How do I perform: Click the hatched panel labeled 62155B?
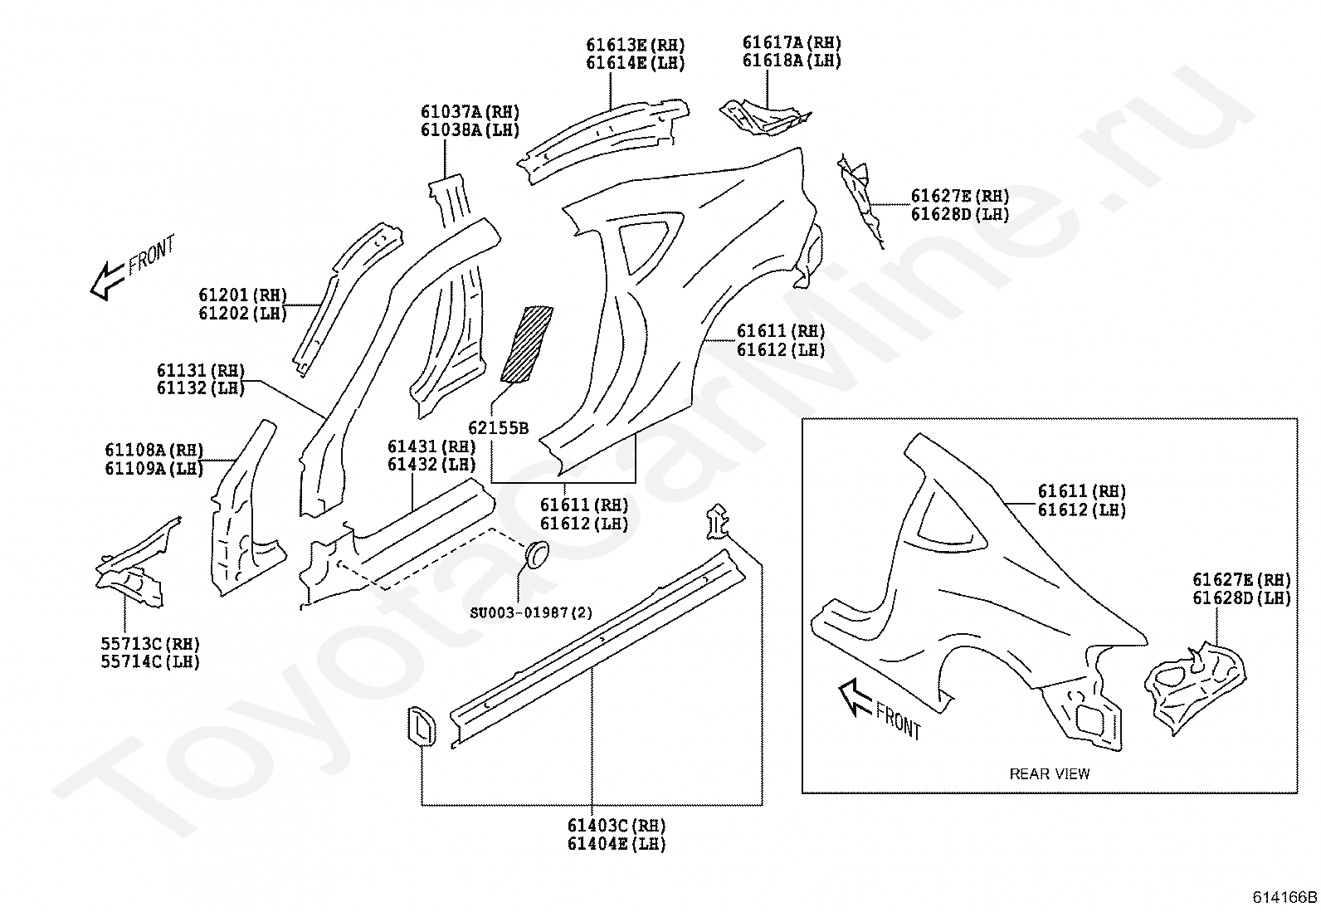(x=527, y=344)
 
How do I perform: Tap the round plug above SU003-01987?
(x=537, y=554)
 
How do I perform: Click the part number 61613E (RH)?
(x=635, y=45)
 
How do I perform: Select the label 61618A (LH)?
(x=792, y=61)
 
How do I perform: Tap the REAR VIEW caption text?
(x=1050, y=773)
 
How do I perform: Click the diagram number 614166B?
(x=1284, y=897)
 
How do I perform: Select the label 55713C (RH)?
(x=150, y=644)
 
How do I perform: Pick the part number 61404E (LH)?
(x=617, y=844)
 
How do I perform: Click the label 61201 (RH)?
(x=242, y=295)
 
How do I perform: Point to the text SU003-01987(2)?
(x=531, y=612)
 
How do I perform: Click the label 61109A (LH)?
(x=154, y=468)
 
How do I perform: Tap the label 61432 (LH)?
(x=431, y=464)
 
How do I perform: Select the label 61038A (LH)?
(x=470, y=129)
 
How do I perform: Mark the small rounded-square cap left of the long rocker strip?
(x=421, y=725)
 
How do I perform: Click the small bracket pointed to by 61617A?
(x=765, y=118)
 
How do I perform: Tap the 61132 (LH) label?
(x=201, y=388)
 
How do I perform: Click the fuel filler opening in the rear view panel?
(x=1092, y=719)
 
